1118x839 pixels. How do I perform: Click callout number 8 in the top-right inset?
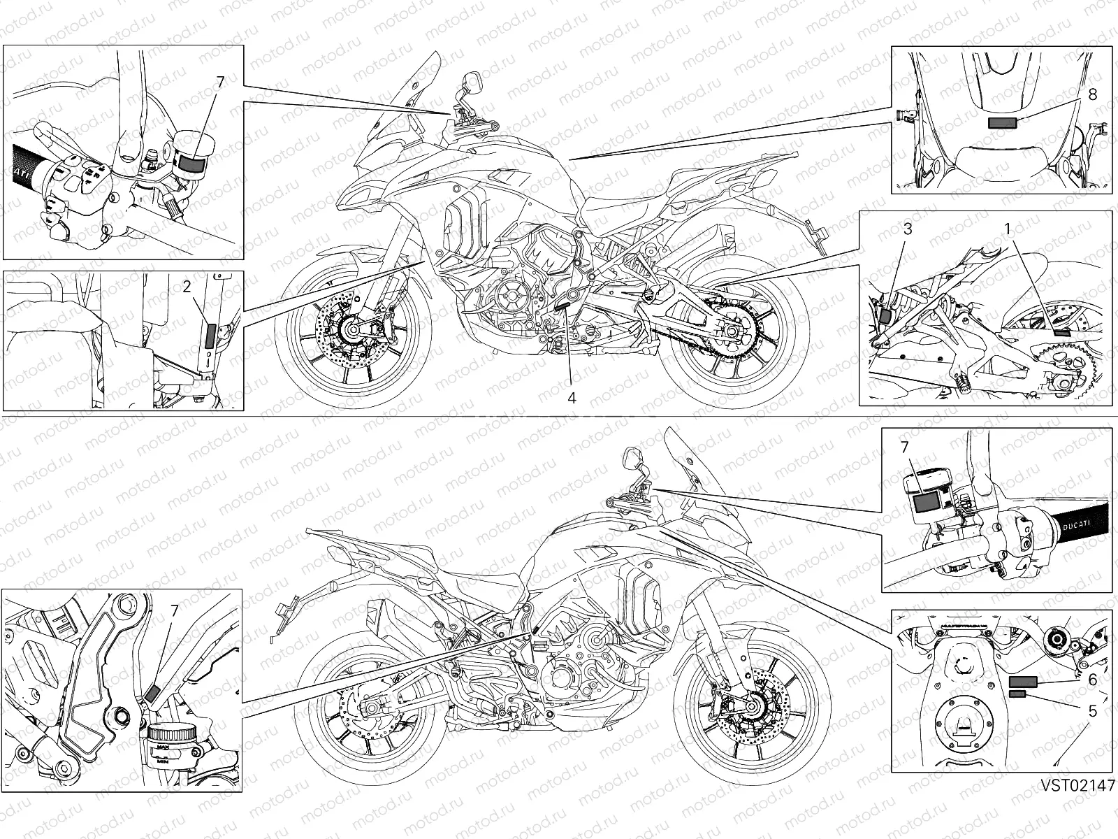[x=1092, y=94]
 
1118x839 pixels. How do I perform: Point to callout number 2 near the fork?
[x=187, y=286]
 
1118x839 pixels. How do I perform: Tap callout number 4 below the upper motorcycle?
[x=572, y=397]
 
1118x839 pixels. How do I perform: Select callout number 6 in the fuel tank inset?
[x=1092, y=680]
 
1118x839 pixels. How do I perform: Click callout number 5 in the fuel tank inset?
[x=1092, y=710]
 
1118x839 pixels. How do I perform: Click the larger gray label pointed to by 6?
[x=1023, y=682]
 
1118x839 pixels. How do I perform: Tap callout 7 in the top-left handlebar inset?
[x=220, y=82]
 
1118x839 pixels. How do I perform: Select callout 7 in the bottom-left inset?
[x=174, y=610]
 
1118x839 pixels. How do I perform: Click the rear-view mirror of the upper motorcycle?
[x=470, y=83]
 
